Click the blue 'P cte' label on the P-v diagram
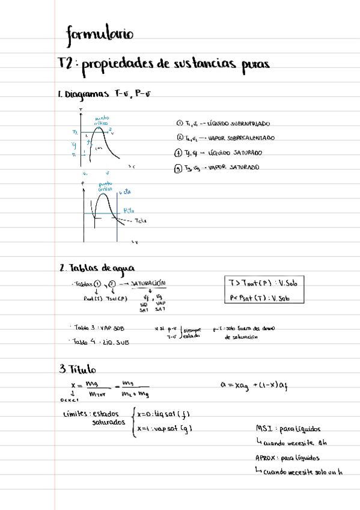[128, 210]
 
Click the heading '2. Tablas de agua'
[97, 268]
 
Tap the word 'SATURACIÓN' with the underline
[148, 283]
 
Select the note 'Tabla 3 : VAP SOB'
[98, 328]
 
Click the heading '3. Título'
[78, 369]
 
